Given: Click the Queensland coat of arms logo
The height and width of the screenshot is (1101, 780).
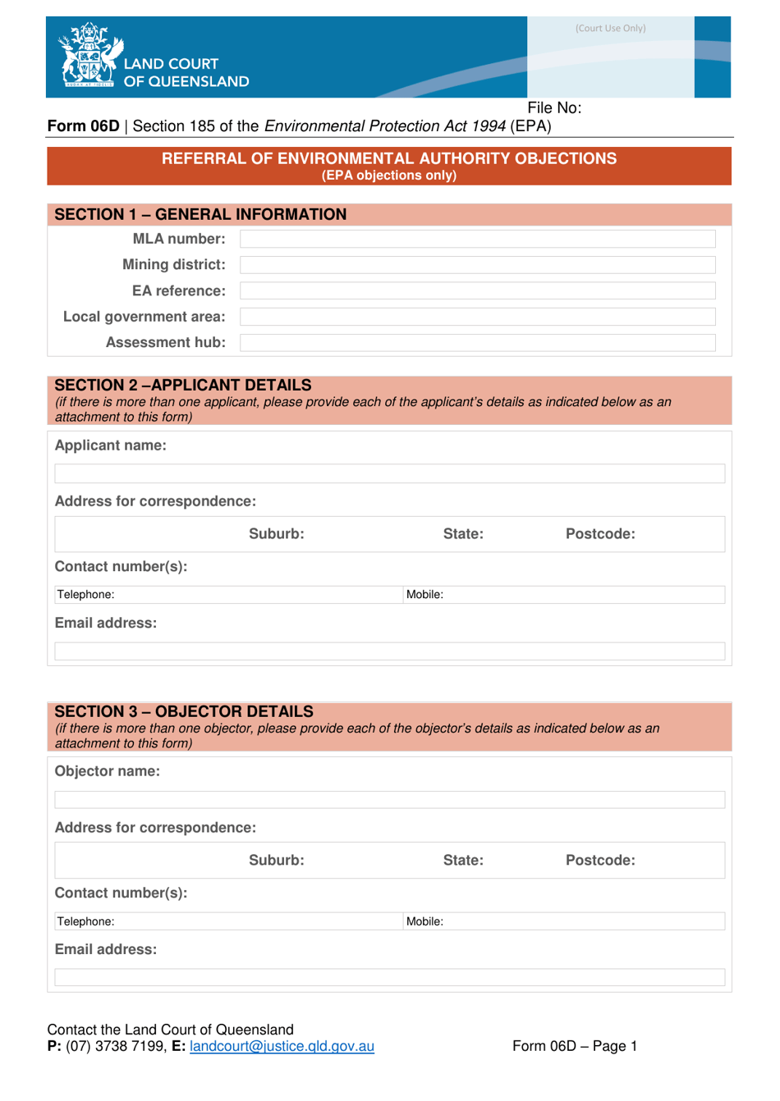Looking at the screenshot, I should [89, 56].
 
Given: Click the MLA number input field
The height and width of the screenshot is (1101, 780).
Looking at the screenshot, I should [477, 239].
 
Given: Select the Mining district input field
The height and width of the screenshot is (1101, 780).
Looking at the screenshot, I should [477, 265].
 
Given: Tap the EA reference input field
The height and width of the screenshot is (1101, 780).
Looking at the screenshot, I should [477, 290].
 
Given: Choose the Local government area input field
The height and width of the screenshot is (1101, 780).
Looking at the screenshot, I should [477, 317].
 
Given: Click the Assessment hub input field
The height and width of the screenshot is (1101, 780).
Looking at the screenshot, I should [477, 343].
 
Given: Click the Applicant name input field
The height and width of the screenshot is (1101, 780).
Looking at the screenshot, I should [389, 473].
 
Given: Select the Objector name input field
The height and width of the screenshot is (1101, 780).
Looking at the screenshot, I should [389, 800].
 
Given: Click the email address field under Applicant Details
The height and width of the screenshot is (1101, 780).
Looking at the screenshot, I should [389, 651].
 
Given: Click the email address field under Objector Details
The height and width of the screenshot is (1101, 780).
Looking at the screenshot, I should [389, 978].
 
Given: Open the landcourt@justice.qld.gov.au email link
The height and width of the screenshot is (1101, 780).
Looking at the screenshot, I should [282, 1047].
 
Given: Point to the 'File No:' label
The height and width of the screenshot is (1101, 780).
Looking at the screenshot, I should [554, 108].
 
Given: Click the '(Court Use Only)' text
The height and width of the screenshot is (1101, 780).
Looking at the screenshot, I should [610, 29].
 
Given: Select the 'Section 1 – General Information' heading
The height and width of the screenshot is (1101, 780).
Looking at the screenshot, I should [200, 215].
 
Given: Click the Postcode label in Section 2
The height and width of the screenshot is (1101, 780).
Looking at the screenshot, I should [599, 534].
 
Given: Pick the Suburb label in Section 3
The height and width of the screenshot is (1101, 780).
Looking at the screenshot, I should [276, 861].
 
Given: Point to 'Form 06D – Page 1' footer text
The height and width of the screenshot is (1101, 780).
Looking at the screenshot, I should [574, 1047].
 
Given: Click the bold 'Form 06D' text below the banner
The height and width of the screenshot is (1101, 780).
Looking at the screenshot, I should [83, 126].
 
